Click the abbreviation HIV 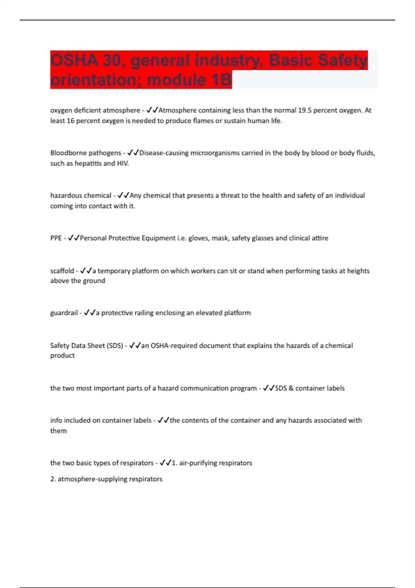[x=123, y=163]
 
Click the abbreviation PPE [x=56, y=238]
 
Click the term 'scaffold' [x=62, y=271]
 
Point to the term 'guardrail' [x=64, y=313]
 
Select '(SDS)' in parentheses [x=115, y=346]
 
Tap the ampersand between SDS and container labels [x=291, y=388]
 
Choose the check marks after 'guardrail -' [x=90, y=313]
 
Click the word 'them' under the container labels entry [x=58, y=431]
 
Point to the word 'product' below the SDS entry [x=62, y=356]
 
